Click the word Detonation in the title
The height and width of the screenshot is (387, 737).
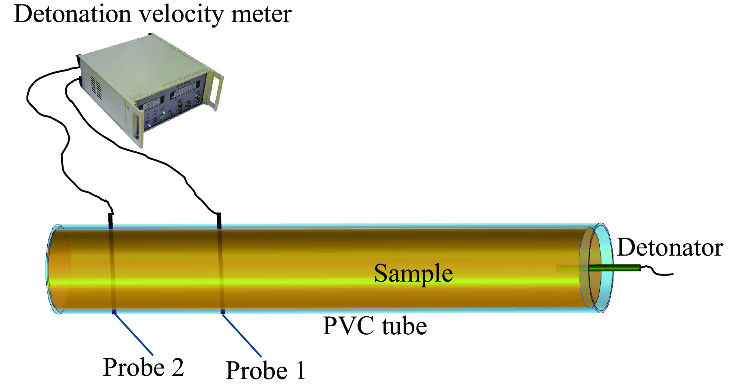(73, 14)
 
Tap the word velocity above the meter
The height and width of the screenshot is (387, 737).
(181, 15)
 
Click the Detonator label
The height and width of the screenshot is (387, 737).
(670, 248)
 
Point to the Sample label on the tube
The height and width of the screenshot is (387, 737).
(413, 274)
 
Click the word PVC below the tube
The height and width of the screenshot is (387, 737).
(348, 326)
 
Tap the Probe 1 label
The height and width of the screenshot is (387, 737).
(266, 370)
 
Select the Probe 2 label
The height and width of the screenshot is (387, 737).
(143, 367)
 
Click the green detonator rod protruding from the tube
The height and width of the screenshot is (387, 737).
(614, 268)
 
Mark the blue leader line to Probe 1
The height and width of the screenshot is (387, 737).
(242, 335)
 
